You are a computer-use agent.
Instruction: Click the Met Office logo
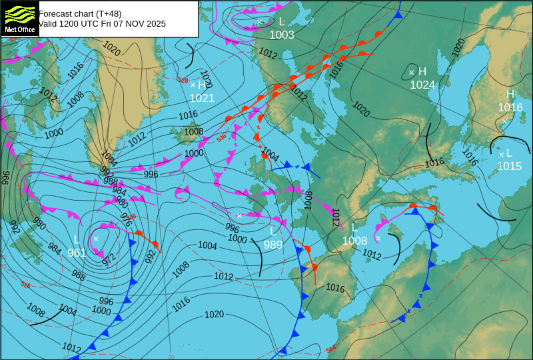(19, 19)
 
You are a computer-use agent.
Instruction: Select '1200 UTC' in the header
(82, 23)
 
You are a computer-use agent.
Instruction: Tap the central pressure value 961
(77, 253)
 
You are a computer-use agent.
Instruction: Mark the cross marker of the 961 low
(96, 239)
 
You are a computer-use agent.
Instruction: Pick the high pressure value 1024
(422, 85)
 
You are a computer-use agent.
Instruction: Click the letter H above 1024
(422, 71)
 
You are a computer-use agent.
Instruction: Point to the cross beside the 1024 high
(411, 72)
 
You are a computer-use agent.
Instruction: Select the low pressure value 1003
(282, 35)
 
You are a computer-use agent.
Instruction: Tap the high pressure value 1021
(202, 98)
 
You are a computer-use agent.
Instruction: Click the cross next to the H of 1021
(193, 85)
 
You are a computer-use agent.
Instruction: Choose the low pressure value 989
(273, 245)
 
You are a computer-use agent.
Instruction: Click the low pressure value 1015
(509, 166)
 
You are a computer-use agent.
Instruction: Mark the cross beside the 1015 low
(501, 155)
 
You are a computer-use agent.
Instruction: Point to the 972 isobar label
(109, 259)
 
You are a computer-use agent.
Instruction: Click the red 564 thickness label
(331, 349)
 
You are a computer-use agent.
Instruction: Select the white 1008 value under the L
(354, 241)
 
